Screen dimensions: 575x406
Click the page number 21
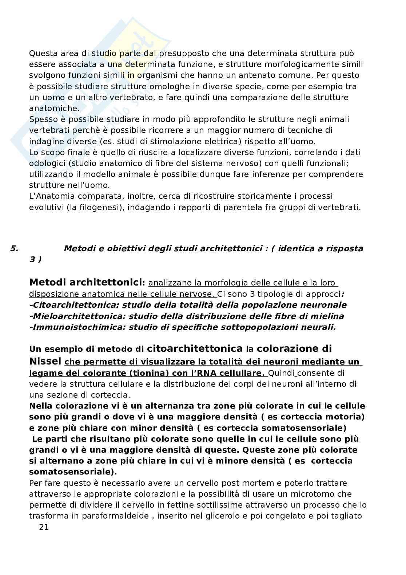point(44,527)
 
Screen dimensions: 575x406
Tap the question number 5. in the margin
point(14,249)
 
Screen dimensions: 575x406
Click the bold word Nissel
point(45,361)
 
